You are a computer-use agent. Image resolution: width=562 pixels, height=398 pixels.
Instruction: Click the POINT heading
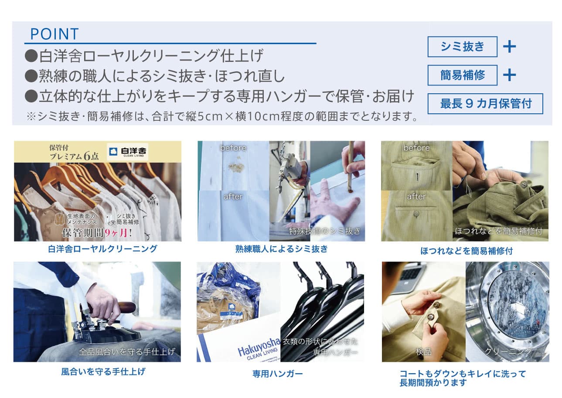click(x=54, y=34)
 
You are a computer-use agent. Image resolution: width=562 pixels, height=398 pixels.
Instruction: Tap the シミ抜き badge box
click(x=462, y=47)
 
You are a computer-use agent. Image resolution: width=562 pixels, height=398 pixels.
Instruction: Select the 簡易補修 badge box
click(x=462, y=75)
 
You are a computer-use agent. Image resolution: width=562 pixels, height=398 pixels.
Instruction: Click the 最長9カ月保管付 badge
click(x=485, y=104)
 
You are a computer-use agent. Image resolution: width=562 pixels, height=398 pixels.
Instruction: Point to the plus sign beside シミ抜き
click(x=510, y=47)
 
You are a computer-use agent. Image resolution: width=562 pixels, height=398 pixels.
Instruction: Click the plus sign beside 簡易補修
click(x=510, y=75)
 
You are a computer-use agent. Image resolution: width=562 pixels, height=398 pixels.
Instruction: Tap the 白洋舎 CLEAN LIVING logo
click(x=127, y=152)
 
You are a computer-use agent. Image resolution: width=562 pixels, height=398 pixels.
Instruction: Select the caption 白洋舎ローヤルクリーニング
click(x=102, y=249)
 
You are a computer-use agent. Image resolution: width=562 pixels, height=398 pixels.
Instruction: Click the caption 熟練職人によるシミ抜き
click(x=282, y=249)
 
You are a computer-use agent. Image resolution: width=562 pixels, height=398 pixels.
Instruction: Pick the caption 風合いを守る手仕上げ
click(x=103, y=371)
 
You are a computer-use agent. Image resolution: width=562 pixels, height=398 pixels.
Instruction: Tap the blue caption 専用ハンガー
click(x=277, y=374)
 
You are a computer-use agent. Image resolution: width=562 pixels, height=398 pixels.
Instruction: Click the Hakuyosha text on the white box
click(x=259, y=347)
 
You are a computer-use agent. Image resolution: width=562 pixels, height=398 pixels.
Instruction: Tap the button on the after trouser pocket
click(x=416, y=214)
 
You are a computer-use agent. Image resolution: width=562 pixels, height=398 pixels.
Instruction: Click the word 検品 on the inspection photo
click(x=423, y=352)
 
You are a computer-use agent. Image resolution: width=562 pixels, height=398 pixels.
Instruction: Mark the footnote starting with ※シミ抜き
click(x=222, y=117)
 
